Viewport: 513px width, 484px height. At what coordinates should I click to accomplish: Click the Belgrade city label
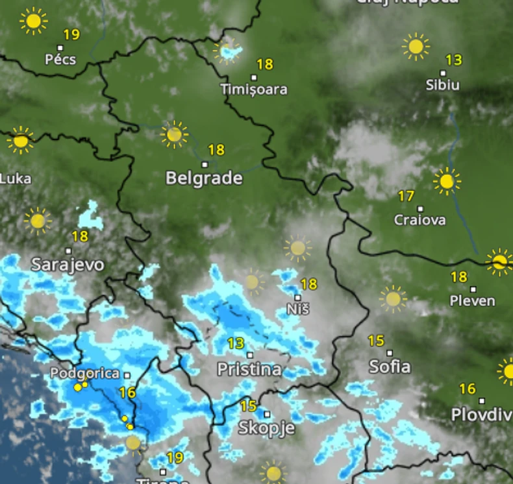tap(204, 178)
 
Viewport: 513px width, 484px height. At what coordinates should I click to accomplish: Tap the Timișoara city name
tap(253, 90)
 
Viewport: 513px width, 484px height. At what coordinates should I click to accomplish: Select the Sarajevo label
tap(68, 265)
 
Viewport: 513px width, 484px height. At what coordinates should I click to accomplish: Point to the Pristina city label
tap(249, 370)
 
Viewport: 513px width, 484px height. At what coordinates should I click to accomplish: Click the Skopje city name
tap(266, 428)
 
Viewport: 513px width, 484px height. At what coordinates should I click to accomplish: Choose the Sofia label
tap(390, 367)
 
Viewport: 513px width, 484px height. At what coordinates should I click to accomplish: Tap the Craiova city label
tap(420, 220)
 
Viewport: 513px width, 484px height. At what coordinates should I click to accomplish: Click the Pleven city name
tap(473, 301)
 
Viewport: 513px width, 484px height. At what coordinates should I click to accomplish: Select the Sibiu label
tap(443, 85)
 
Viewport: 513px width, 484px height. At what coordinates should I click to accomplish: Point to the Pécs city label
tap(60, 60)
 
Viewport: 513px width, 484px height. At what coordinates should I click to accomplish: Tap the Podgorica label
tap(85, 374)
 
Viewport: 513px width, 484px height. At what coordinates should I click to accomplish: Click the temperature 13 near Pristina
tap(236, 343)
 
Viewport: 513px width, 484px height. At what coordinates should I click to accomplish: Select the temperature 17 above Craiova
tap(406, 196)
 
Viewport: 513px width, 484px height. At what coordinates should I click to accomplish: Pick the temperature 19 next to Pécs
tap(71, 35)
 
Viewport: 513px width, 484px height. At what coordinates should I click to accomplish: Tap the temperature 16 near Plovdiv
tap(468, 389)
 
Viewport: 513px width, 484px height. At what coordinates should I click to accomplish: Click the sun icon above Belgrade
tap(174, 134)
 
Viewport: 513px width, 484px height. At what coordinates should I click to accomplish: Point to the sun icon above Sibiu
tap(416, 47)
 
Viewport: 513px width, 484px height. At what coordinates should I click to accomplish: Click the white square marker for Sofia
tap(390, 354)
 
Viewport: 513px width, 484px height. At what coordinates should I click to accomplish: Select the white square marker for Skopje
tap(267, 414)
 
